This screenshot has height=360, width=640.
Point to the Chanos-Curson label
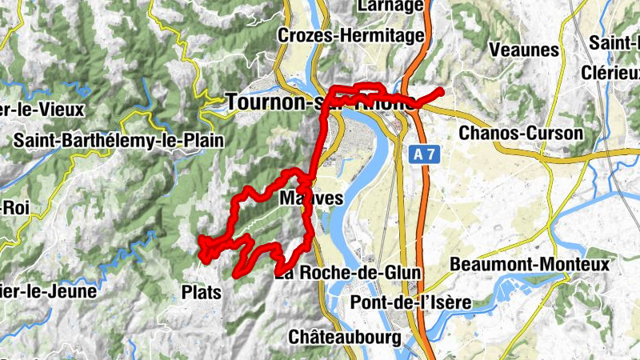click(521, 133)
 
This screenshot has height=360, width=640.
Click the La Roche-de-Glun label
click(348, 273)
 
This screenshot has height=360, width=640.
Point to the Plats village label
click(201, 291)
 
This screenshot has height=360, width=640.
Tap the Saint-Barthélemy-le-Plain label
click(118, 141)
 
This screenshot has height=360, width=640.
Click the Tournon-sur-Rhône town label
click(320, 102)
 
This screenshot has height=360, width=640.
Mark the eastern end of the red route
click(439, 91)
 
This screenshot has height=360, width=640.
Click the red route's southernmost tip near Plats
click(235, 276)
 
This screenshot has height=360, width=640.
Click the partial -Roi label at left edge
click(14, 206)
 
